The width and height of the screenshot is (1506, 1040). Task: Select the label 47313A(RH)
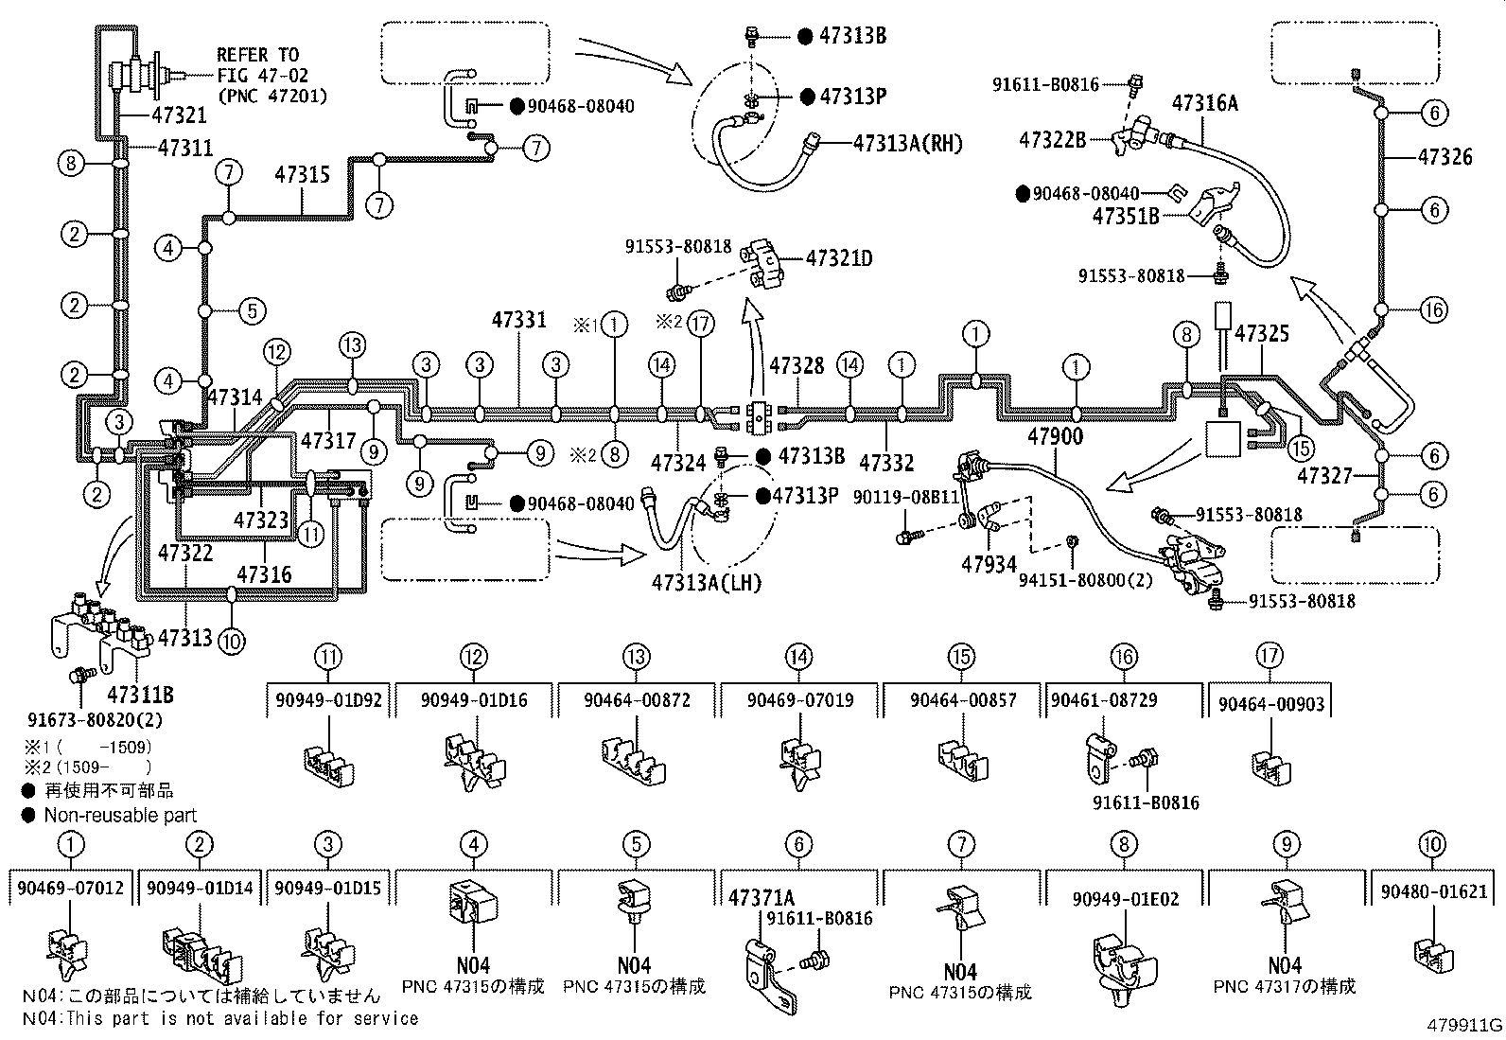[x=907, y=143]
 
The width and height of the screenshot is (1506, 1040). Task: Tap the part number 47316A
[x=1204, y=103]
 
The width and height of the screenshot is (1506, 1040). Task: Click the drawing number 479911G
[x=1465, y=1025]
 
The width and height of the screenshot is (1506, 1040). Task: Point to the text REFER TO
[x=256, y=55]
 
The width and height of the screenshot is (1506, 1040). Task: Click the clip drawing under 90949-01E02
[x=1123, y=963]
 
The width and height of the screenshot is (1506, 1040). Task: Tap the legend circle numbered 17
[x=1272, y=656]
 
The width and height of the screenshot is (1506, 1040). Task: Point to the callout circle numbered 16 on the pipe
[x=1434, y=309]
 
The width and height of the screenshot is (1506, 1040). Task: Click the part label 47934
[x=989, y=565]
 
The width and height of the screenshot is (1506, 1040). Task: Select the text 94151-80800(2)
[x=1085, y=579]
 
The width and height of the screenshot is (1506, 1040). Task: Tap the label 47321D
[x=839, y=257]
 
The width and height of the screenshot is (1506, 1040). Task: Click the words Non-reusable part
[x=121, y=815]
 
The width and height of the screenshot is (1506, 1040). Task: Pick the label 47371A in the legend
[x=761, y=897]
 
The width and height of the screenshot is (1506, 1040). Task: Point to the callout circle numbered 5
[x=252, y=310]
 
